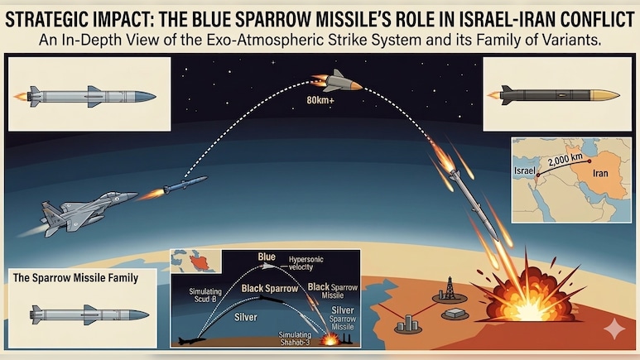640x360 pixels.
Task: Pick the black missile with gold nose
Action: point(556,94)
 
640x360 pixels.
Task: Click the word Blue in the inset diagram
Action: point(266,257)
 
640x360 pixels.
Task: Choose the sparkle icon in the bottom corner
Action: point(614,329)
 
